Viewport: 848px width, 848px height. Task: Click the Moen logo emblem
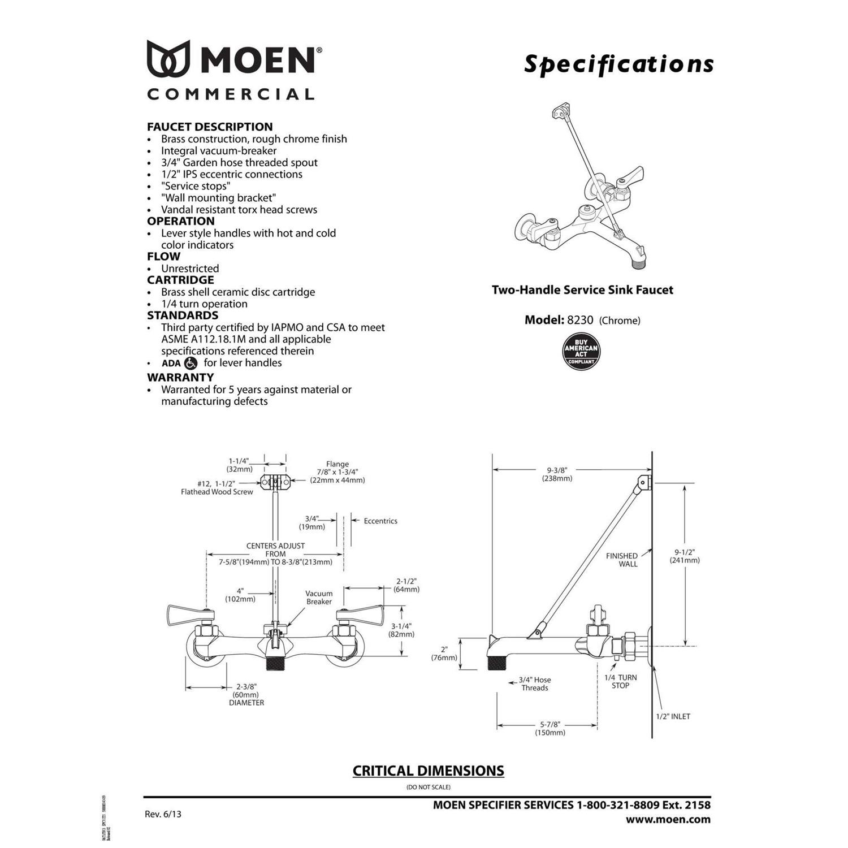pos(168,58)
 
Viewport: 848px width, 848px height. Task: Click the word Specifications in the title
pos(618,64)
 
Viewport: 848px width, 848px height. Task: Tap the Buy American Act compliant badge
pos(581,351)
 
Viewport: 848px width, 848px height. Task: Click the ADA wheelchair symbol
pos(191,363)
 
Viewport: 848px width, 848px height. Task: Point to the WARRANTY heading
pos(180,377)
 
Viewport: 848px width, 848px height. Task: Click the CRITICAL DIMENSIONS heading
pos(428,771)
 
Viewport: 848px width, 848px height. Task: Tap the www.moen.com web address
pos(668,819)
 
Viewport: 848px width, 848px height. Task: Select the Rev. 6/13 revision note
pos(163,814)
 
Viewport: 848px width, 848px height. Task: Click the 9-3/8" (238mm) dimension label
pos(557,474)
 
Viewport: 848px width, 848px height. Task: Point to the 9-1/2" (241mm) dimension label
pos(685,556)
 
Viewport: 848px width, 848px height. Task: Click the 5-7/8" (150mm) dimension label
pos(550,728)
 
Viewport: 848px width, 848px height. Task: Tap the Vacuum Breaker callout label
pos(319,598)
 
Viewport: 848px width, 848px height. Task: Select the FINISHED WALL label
pos(621,560)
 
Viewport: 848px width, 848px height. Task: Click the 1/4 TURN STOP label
pos(620,681)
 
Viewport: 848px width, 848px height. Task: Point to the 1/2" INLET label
pos(673,716)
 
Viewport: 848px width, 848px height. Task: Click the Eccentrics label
pos(380,521)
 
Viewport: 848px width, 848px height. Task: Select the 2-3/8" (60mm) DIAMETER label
pos(246,694)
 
